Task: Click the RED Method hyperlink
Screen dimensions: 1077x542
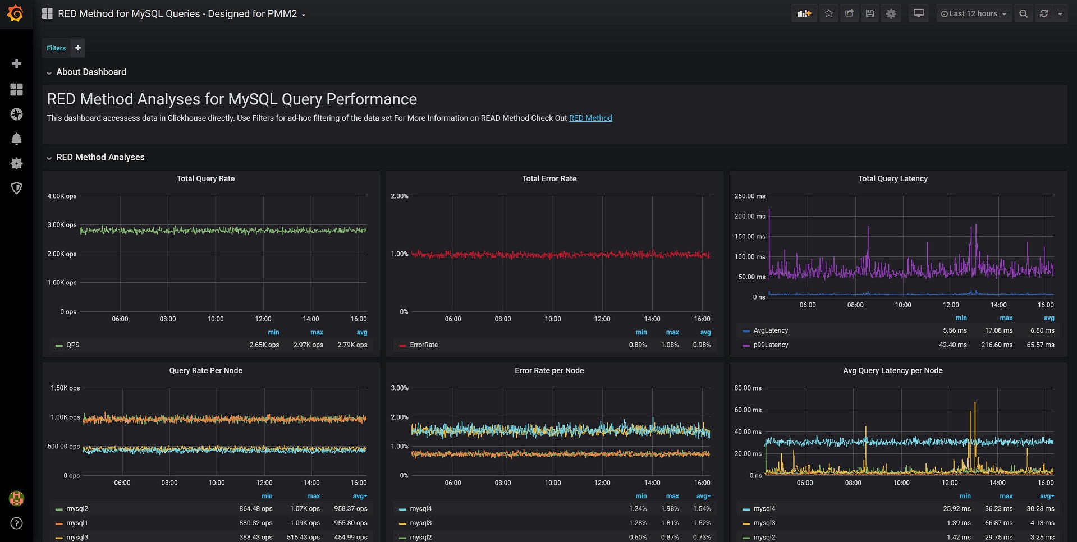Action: (x=590, y=118)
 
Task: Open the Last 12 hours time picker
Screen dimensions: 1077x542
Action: (x=974, y=14)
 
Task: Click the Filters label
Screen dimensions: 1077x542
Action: (x=56, y=48)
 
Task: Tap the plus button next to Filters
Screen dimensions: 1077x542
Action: (x=78, y=48)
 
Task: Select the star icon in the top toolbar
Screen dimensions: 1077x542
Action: (x=829, y=14)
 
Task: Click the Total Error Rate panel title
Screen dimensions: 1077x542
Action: (x=549, y=178)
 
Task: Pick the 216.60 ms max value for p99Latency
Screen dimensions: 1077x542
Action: (x=997, y=345)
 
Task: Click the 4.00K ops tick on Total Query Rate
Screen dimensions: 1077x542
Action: (x=62, y=196)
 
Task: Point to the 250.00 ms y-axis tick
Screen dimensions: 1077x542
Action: (x=750, y=196)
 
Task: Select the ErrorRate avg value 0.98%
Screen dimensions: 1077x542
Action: (x=702, y=345)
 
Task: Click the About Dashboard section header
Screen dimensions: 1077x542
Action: (x=91, y=72)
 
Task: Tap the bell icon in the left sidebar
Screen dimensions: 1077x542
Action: (x=17, y=139)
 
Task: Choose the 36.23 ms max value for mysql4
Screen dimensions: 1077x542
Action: (x=999, y=509)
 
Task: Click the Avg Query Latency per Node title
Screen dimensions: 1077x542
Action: (x=893, y=370)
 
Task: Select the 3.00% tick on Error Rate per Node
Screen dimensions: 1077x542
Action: (x=400, y=388)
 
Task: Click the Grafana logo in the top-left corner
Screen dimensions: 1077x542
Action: (x=16, y=13)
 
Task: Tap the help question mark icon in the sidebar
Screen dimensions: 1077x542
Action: (x=17, y=523)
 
